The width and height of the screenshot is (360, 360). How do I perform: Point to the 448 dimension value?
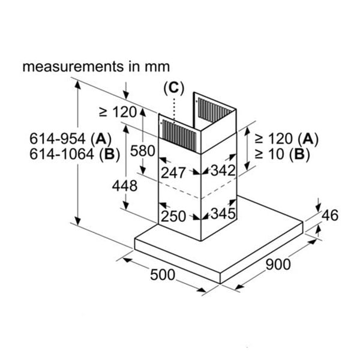tap(125, 186)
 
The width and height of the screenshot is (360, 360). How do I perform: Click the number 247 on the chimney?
tap(173, 173)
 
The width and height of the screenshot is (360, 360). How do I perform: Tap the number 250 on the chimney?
tap(173, 215)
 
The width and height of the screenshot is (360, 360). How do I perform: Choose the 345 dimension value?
tap(221, 213)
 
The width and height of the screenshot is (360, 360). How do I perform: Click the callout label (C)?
tap(173, 88)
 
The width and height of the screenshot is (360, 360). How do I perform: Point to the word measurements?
tap(70, 67)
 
